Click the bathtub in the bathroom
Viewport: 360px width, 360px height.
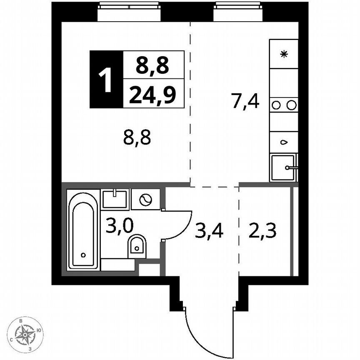point(83,229)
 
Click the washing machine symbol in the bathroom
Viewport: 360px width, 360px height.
point(145,200)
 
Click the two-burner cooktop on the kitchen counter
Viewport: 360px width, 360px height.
point(284,105)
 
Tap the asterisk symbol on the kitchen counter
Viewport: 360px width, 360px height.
point(284,54)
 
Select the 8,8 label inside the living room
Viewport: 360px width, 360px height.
point(137,137)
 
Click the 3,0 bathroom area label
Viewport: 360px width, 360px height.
point(120,226)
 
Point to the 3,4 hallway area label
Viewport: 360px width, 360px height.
point(209,231)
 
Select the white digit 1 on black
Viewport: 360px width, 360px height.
point(107,79)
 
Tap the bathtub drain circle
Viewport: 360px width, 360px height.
point(83,255)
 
